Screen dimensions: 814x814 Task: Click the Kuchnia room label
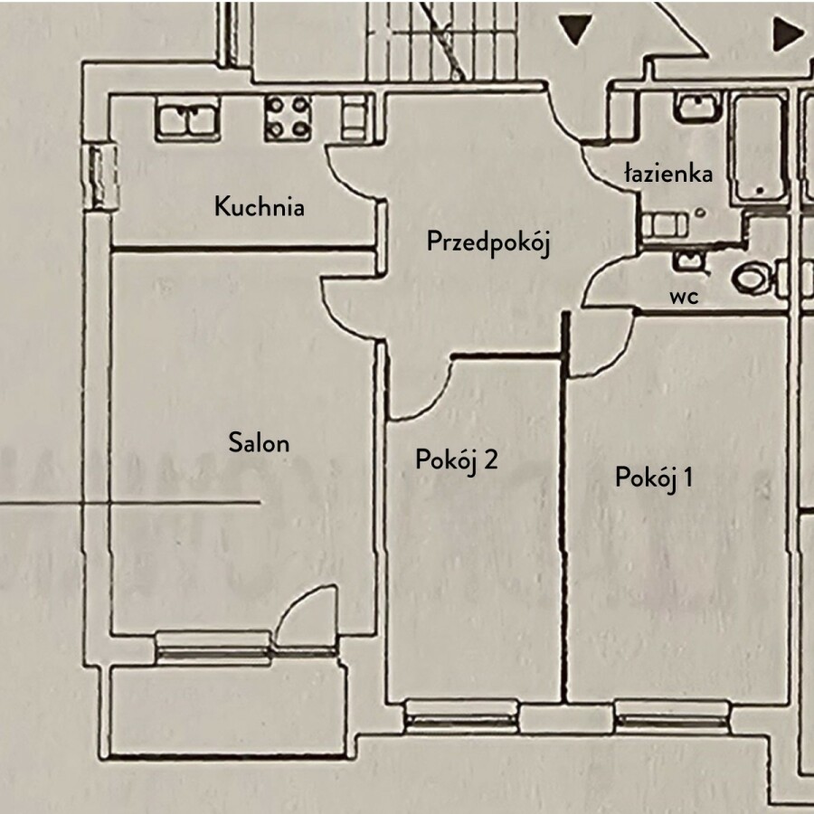(259, 207)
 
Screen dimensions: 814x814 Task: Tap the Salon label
(259, 443)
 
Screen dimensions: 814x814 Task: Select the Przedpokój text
(488, 242)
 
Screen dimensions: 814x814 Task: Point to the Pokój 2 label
(457, 460)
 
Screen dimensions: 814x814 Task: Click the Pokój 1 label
(654, 477)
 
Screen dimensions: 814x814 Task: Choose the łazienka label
(668, 174)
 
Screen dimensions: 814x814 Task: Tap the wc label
(684, 296)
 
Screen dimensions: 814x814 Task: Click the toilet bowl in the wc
(752, 278)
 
